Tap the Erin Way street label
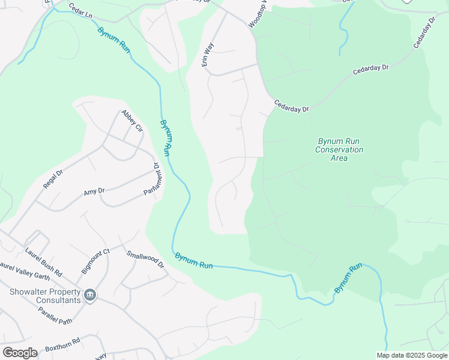click(x=208, y=54)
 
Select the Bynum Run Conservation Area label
click(x=339, y=149)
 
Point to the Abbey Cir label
click(x=131, y=121)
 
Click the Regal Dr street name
click(x=53, y=180)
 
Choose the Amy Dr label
click(x=94, y=192)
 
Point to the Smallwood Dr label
click(x=145, y=259)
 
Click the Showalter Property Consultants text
click(x=45, y=296)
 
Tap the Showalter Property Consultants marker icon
click(x=90, y=295)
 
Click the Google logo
click(x=20, y=352)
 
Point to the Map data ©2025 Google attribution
click(x=412, y=355)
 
